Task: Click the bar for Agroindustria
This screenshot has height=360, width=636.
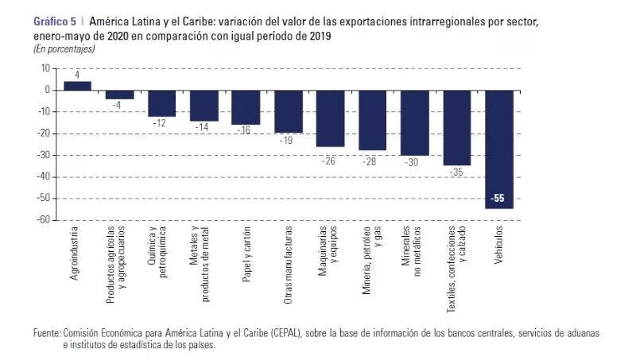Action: (77, 86)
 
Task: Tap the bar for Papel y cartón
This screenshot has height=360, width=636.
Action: (246, 107)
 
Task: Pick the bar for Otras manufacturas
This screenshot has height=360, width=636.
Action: (288, 111)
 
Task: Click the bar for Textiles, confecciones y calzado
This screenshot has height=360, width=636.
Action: (456, 128)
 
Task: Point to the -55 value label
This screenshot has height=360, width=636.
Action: (498, 198)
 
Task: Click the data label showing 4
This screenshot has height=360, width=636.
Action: (77, 75)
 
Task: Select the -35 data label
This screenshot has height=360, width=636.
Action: (457, 172)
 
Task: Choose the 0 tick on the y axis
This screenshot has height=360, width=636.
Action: (47, 90)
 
